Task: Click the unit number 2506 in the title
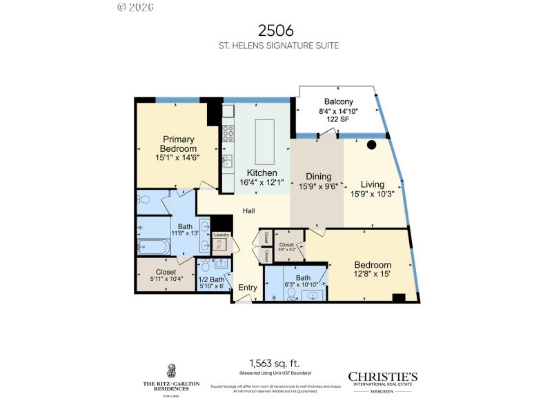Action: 276,30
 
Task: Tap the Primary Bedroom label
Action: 178,144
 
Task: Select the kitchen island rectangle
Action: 264,140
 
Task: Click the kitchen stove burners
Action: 228,134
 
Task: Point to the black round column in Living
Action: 371,146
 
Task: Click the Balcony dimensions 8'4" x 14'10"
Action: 339,111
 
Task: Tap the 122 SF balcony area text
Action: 339,119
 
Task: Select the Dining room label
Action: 315,177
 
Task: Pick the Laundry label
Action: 221,235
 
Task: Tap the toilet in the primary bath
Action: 144,200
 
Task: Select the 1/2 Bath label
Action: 211,279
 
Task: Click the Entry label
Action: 247,288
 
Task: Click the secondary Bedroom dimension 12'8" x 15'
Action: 373,274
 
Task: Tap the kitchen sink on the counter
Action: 227,161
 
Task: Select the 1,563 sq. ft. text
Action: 275,363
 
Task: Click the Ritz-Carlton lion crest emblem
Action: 170,371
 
